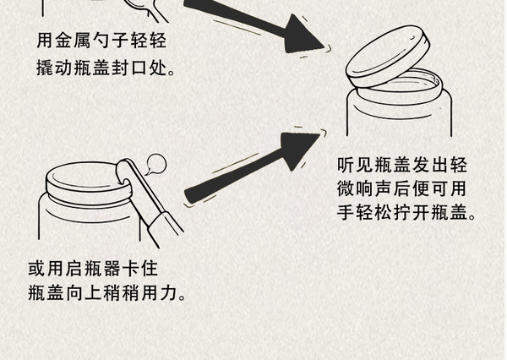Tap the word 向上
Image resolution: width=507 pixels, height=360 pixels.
(84, 293)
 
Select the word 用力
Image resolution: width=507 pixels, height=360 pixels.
(159, 293)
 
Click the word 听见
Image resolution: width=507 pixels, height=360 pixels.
(355, 165)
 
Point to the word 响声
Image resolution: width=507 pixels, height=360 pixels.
(373, 188)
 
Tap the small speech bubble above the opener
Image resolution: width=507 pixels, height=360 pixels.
(156, 164)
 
